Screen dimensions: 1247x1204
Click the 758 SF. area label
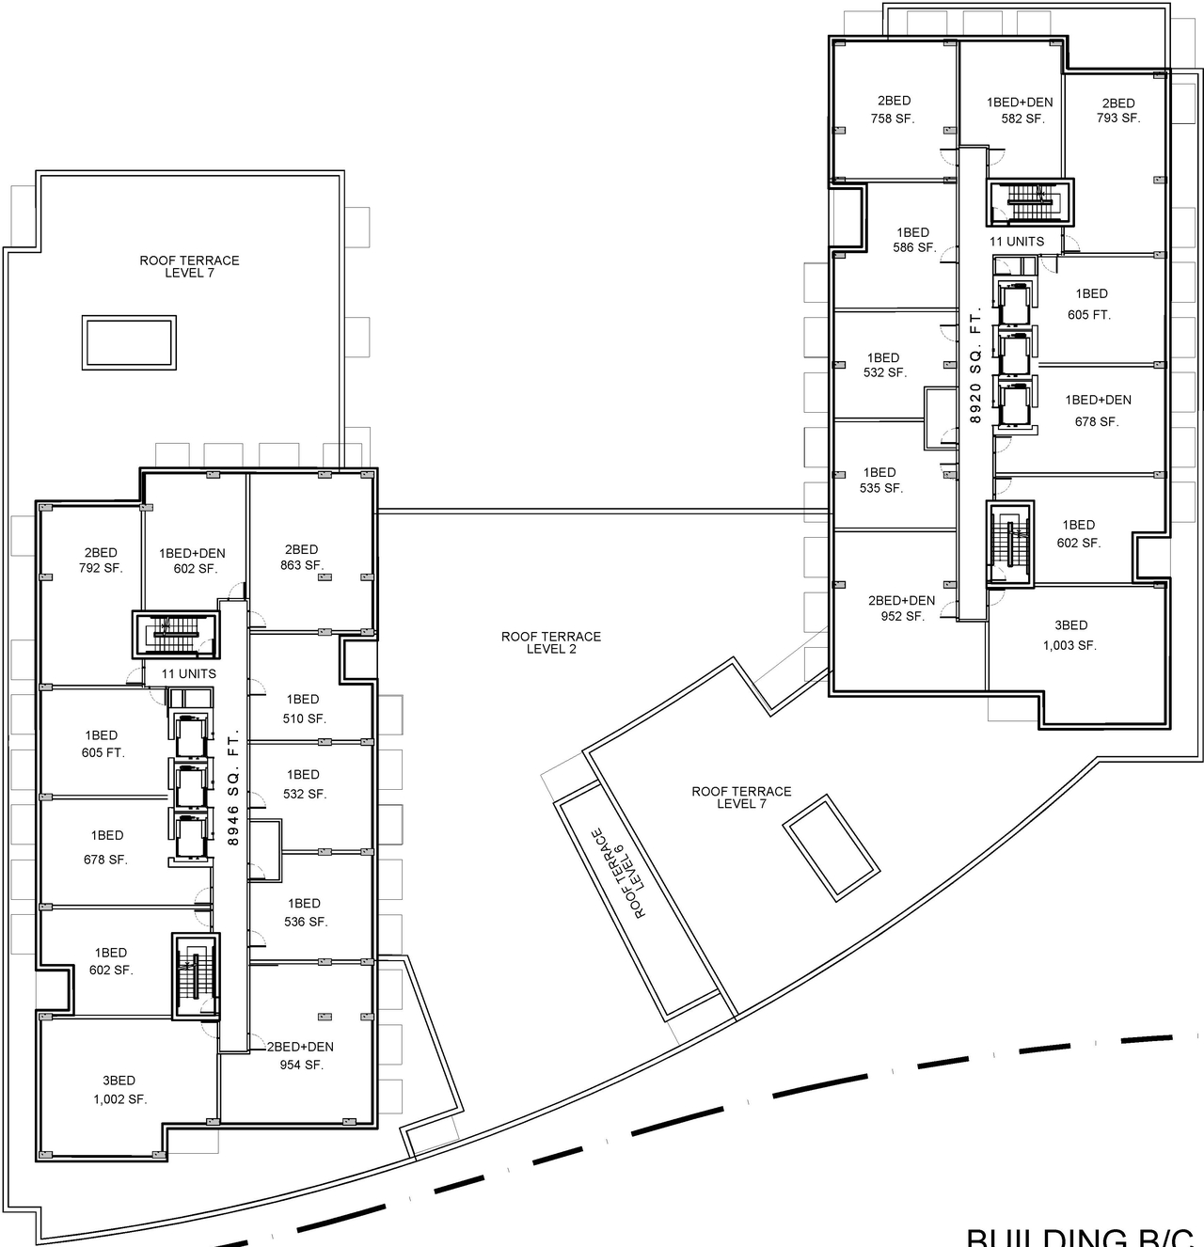893,118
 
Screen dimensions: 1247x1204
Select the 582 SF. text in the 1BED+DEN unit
1022,119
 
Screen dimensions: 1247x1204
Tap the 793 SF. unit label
1117,118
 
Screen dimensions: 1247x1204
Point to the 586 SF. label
913,248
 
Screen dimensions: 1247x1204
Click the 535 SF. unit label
880,488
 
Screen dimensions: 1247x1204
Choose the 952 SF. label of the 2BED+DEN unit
902,617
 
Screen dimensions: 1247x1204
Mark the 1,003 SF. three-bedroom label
1069,645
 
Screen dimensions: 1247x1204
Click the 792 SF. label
101,568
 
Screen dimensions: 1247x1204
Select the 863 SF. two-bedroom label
301,565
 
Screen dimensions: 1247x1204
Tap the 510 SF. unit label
304,718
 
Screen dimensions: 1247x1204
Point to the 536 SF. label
306,922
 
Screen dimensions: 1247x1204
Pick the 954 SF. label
301,1065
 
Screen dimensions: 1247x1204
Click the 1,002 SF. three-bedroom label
119,1098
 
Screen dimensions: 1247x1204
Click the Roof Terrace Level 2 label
550,642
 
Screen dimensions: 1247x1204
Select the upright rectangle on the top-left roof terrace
129,343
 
